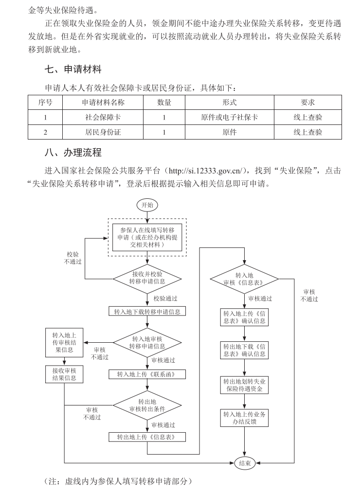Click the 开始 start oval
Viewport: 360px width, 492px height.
[146, 205]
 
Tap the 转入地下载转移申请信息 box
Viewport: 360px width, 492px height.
[146, 311]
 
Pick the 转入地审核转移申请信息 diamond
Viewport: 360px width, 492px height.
[146, 343]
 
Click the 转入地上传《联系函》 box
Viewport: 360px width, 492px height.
[146, 374]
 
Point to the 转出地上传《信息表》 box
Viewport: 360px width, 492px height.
[146, 437]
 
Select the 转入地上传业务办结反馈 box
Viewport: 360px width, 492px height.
[244, 418]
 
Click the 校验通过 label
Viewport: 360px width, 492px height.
[165, 298]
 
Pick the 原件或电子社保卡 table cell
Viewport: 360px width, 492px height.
[229, 117]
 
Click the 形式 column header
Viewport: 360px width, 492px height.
[229, 102]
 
